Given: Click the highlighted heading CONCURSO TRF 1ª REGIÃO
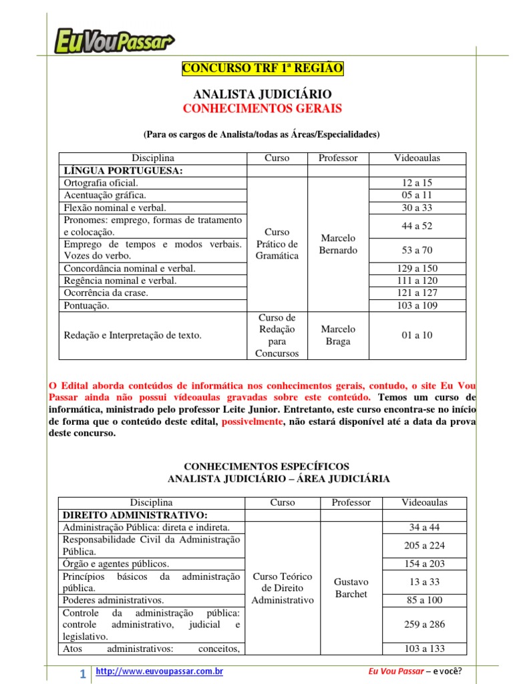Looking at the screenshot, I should pyautogui.click(x=263, y=68).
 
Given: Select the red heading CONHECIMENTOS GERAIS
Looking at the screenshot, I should pyautogui.click(x=262, y=108).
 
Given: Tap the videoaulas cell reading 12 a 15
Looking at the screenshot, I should pyautogui.click(x=417, y=183).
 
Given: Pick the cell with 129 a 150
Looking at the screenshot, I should pyautogui.click(x=417, y=269).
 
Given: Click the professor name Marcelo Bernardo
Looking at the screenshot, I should pyautogui.click(x=338, y=244).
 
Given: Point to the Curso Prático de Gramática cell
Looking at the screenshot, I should pyautogui.click(x=277, y=244).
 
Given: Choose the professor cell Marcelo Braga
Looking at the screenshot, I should pyautogui.click(x=338, y=335).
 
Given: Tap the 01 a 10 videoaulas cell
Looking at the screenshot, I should pyautogui.click(x=417, y=335).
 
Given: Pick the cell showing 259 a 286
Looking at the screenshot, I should pyautogui.click(x=424, y=625).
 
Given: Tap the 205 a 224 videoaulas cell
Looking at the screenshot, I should pyautogui.click(x=424, y=546).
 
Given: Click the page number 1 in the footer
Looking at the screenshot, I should pyautogui.click(x=82, y=675).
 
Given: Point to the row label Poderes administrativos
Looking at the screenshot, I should pyautogui.click(x=113, y=600).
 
